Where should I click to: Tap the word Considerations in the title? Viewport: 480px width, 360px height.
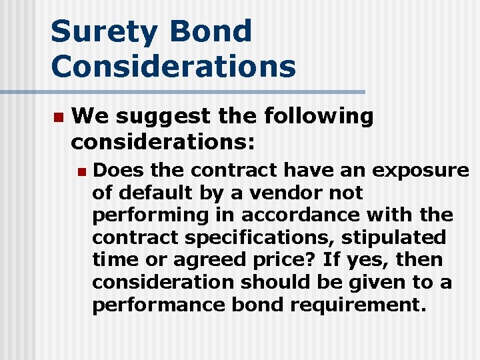pyautogui.click(x=173, y=66)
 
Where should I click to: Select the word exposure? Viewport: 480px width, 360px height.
pyautogui.click(x=420, y=171)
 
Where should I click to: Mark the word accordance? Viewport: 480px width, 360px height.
pyautogui.click(x=292, y=215)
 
